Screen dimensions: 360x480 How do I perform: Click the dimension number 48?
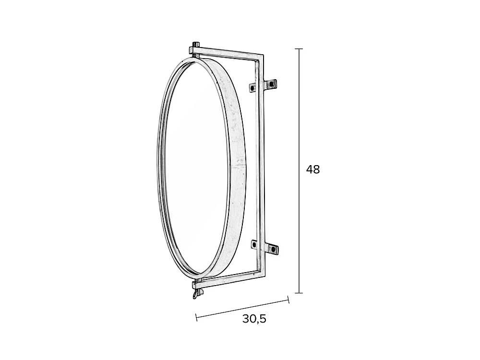point(312,169)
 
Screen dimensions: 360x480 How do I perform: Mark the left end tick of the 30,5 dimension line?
point(196,316)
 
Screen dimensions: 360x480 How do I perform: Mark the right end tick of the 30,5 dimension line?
point(288,300)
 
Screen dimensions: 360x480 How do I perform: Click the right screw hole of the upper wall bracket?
point(272,84)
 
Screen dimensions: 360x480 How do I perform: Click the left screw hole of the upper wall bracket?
point(252,88)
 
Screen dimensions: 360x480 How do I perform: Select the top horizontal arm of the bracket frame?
point(230,52)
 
